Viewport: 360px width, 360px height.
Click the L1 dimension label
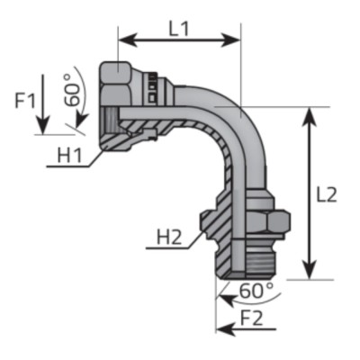[180, 26]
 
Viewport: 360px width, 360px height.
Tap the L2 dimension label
[327, 193]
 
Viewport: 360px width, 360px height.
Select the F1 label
[26, 100]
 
